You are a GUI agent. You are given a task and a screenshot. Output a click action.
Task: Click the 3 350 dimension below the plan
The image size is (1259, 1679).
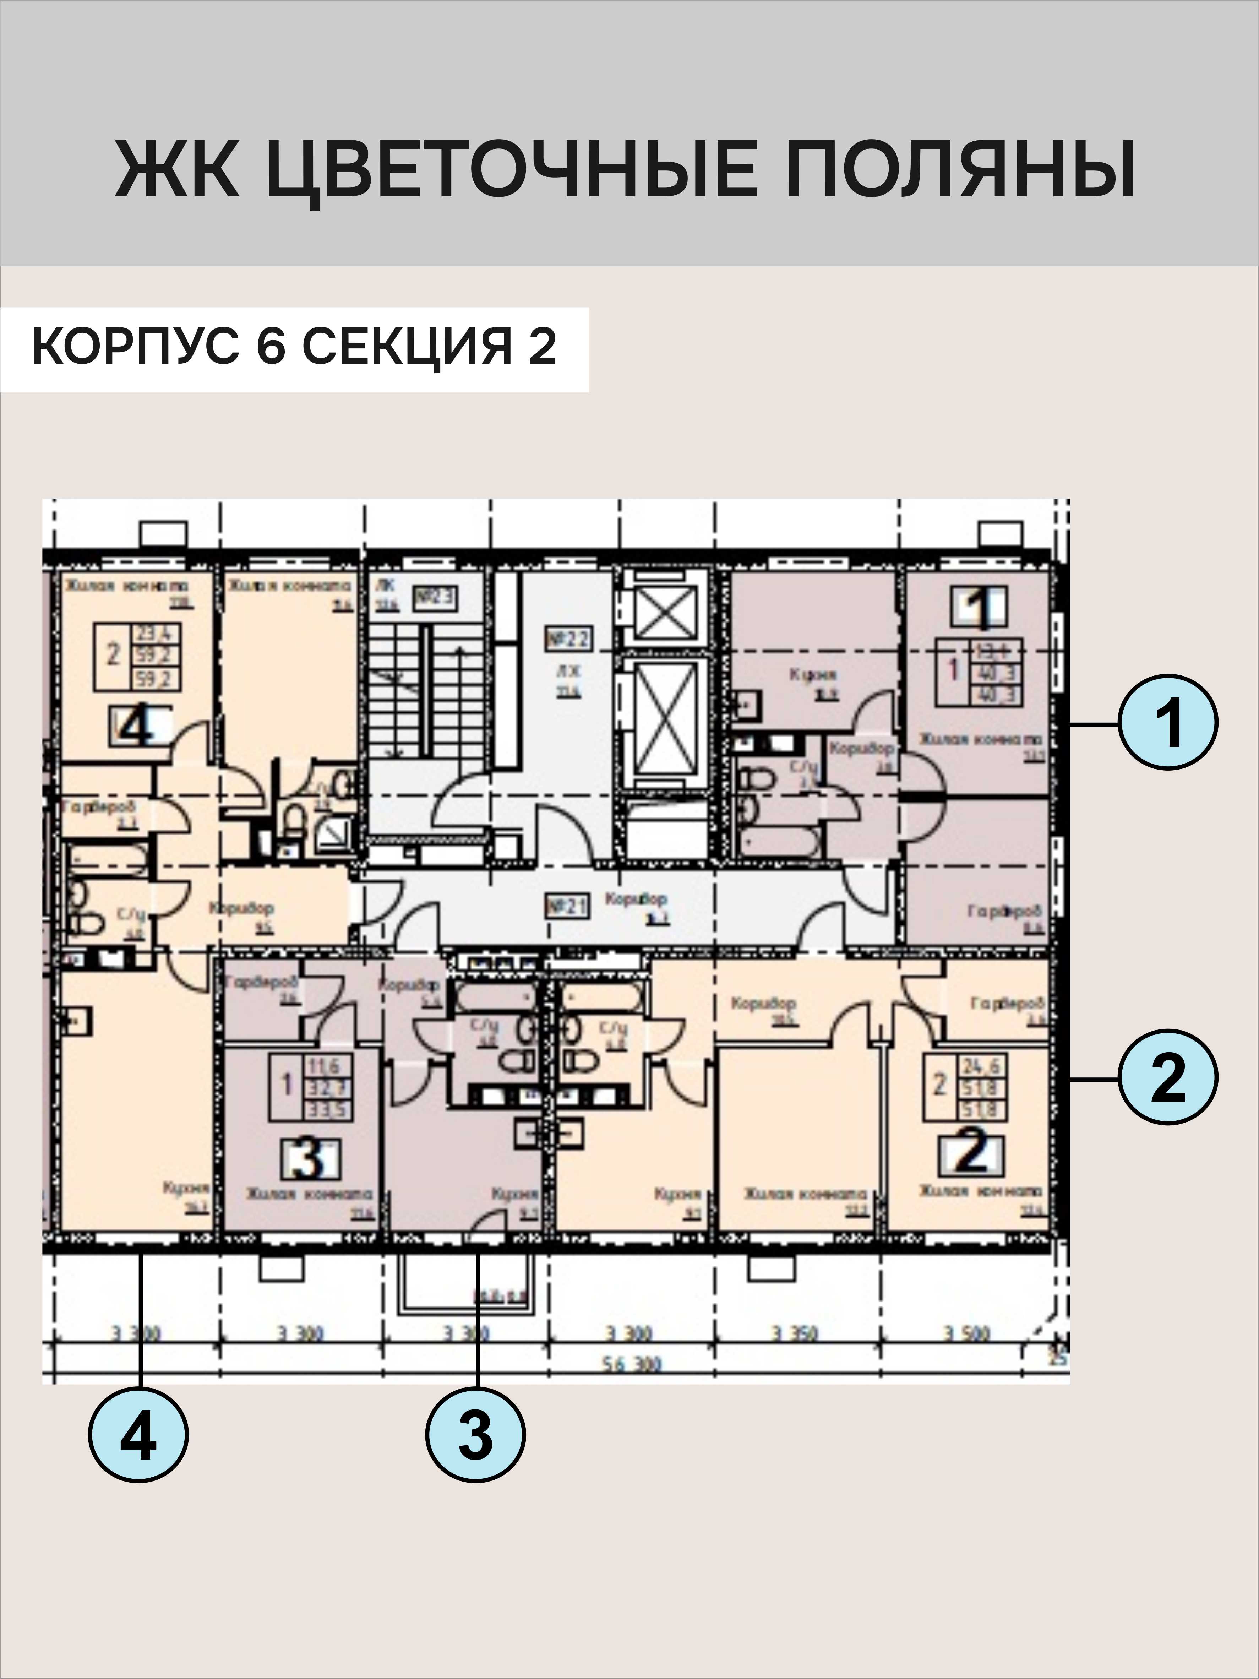coord(794,1333)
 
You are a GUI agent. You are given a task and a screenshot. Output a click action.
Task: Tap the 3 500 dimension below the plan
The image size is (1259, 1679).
coord(967,1333)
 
